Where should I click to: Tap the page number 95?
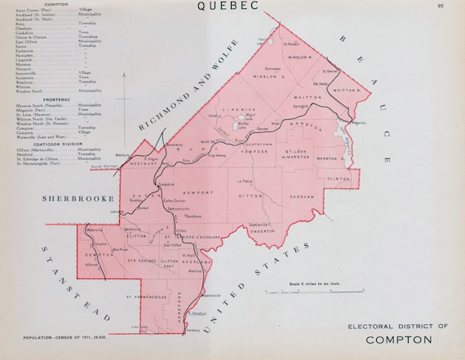(x=441, y=7)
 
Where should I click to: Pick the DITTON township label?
(x=248, y=195)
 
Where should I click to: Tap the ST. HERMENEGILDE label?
(x=148, y=298)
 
